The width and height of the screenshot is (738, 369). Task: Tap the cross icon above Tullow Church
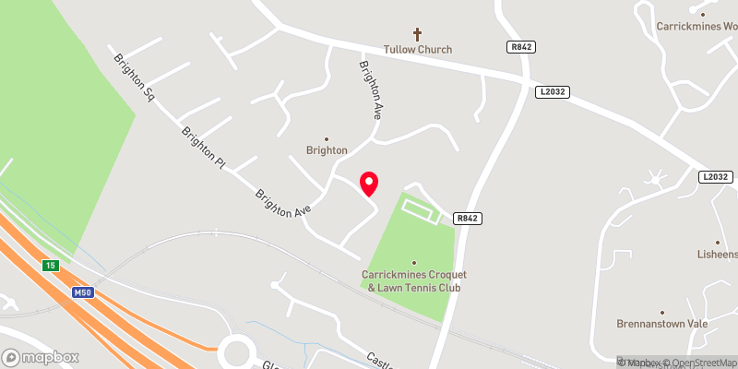pyautogui.click(x=416, y=32)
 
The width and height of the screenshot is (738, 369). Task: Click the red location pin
pyautogui.click(x=368, y=184)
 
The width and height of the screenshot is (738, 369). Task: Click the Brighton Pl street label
pyautogui.click(x=204, y=148)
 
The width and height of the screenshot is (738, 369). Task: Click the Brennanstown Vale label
pyautogui.click(x=661, y=324)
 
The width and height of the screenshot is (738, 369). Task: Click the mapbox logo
pyautogui.click(x=40, y=357)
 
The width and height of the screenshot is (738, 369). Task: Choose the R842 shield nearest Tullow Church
pyautogui.click(x=521, y=46)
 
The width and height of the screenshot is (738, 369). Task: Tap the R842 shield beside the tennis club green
pyautogui.click(x=469, y=219)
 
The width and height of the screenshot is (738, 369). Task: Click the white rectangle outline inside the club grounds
pyautogui.click(x=420, y=209)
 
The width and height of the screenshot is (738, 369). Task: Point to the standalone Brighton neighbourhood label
pyautogui.click(x=327, y=149)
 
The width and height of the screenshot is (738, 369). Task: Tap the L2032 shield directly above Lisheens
pyautogui.click(x=714, y=176)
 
